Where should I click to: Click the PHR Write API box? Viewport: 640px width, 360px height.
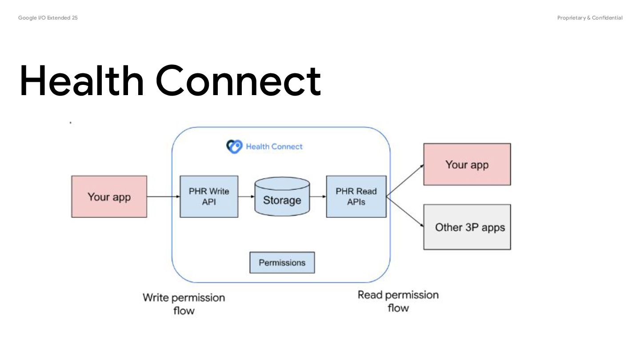tap(209, 196)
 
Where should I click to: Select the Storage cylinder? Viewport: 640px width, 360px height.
tap(282, 196)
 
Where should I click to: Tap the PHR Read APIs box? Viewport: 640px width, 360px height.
tap(356, 196)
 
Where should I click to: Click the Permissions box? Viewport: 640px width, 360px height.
tap(282, 263)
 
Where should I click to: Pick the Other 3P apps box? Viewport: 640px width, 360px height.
tap(467, 227)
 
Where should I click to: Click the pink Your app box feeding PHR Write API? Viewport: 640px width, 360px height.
tap(109, 196)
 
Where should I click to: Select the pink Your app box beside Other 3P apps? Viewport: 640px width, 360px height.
tap(467, 164)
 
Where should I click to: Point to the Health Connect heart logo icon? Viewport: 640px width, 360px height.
tap(234, 147)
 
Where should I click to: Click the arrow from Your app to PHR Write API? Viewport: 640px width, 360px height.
tap(164, 196)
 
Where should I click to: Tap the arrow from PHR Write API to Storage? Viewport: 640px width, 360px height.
tap(246, 196)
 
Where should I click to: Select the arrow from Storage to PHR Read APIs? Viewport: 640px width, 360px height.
tap(318, 196)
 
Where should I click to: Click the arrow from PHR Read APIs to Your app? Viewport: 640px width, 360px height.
tap(405, 180)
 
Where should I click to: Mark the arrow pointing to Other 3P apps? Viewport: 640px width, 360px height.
tap(405, 212)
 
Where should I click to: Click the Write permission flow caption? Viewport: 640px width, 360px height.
tap(184, 304)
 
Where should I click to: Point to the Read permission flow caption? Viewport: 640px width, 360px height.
tap(398, 301)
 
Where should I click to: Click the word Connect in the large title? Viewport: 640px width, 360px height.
tap(238, 81)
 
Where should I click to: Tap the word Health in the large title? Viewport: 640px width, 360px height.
tap(81, 81)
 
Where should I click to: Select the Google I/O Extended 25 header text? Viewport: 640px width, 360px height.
tap(48, 18)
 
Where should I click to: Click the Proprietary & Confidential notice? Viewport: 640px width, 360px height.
tap(590, 18)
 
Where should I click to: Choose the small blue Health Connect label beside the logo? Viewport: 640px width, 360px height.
tap(274, 147)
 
